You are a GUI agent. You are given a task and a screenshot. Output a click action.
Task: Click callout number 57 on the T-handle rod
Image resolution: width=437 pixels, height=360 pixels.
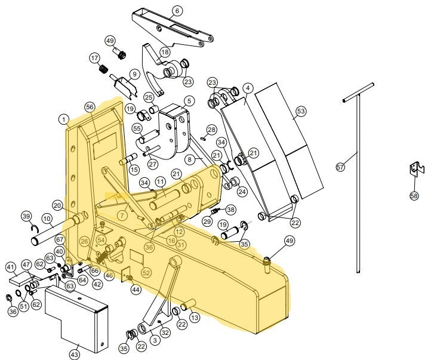(340, 168)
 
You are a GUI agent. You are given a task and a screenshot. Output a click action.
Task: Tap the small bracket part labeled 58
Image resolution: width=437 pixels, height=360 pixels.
(416, 170)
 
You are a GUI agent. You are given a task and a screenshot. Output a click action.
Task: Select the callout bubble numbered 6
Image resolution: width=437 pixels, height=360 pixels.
(177, 10)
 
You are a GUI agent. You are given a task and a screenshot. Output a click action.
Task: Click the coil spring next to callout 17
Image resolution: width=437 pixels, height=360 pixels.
(103, 69)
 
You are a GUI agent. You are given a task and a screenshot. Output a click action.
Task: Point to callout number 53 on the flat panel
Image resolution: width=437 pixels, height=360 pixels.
(300, 111)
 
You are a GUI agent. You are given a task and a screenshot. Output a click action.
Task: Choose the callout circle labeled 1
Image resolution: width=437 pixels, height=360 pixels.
(63, 119)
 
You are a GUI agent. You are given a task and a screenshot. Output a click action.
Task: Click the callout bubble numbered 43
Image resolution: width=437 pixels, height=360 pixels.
(74, 355)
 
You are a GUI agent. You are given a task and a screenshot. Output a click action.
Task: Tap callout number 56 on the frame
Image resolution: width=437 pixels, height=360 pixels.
(90, 106)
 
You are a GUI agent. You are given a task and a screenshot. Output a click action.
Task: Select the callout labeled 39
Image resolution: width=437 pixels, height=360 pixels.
(26, 216)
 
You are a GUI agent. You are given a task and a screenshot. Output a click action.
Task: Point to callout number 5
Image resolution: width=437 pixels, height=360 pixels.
(189, 101)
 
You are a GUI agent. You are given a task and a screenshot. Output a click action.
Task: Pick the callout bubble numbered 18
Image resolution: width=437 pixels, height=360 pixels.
(165, 53)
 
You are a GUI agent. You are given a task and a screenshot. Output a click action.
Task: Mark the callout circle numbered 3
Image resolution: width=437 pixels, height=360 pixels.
(155, 340)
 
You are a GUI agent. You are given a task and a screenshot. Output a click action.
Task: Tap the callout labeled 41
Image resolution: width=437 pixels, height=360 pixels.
(10, 266)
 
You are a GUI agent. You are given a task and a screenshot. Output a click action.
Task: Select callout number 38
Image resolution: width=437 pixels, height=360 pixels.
(230, 210)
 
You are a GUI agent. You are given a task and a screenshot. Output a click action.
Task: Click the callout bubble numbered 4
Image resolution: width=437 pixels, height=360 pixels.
(247, 87)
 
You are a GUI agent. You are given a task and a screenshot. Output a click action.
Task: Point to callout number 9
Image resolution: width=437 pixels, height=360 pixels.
(134, 74)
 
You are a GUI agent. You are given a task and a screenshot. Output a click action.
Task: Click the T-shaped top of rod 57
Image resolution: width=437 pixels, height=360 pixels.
(358, 92)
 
